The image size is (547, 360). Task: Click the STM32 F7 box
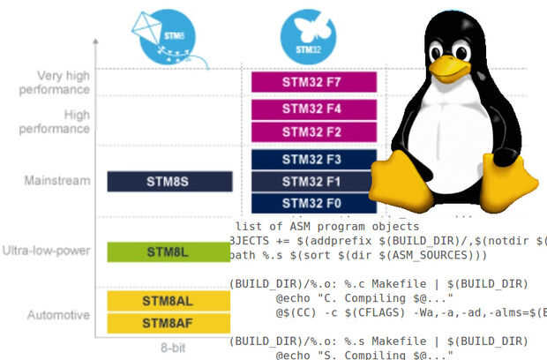tap(314, 82)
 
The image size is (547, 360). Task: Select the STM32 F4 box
tap(314, 111)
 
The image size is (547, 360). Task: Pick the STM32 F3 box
tap(314, 160)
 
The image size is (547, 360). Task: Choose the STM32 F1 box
tap(314, 181)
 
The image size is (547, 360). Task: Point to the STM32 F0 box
tap(314, 202)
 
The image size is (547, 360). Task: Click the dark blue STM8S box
tap(169, 182)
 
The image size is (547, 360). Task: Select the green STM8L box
tap(169, 251)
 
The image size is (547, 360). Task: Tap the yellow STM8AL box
tap(169, 301)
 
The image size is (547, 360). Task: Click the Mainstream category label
tap(57, 182)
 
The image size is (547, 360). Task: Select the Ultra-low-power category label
tap(47, 251)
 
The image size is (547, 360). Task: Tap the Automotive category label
tap(58, 315)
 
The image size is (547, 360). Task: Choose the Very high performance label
tap(51, 82)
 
